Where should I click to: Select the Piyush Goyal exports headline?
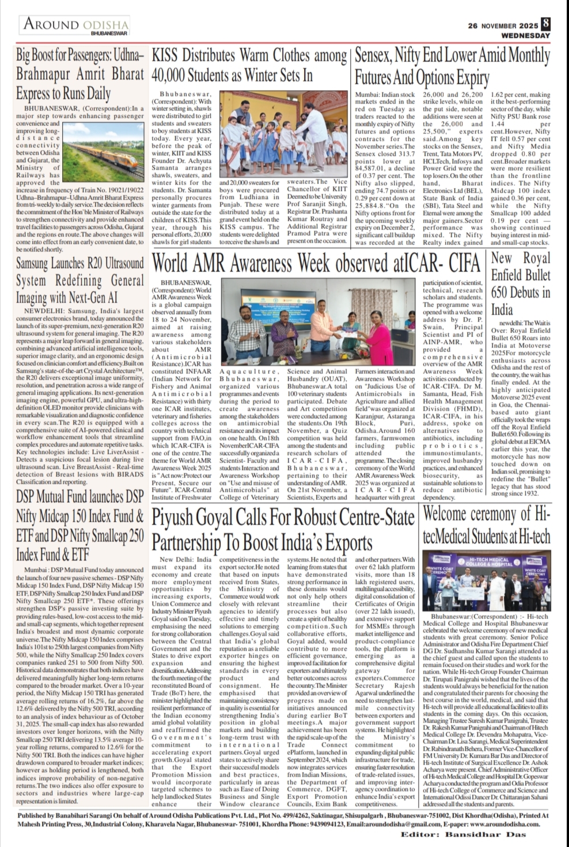click(282, 529)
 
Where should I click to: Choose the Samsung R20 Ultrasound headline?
click(79, 280)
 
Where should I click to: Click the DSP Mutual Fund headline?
click(79, 526)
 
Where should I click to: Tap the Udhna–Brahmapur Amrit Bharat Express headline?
click(79, 75)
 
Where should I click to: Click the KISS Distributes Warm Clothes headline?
click(249, 66)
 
